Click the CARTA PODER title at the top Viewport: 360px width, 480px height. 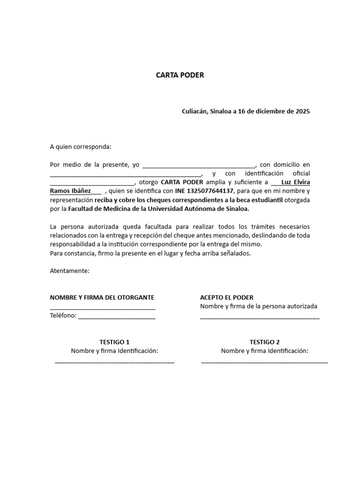coord(180,75)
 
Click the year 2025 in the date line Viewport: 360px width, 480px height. coord(302,112)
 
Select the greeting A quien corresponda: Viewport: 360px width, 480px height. coord(81,147)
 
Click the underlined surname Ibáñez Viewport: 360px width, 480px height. coord(81,191)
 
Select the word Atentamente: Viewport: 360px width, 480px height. coord(69,271)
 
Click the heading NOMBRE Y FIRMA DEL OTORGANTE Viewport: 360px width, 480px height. coord(102,298)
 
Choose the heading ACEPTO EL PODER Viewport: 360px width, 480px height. coord(226,298)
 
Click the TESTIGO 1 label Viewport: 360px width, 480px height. coord(114,342)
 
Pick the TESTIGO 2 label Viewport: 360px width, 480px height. coord(264,342)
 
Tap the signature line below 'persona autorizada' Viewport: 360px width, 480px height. coord(260,318)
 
